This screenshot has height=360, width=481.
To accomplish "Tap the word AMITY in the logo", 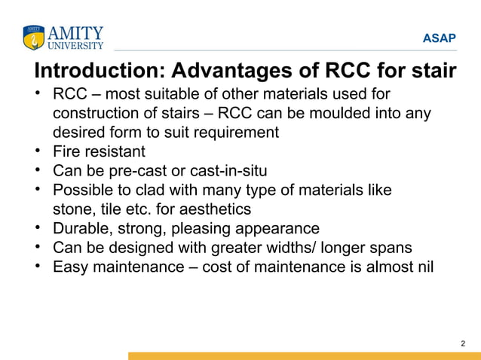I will click(x=75, y=32).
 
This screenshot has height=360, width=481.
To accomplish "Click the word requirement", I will click(x=234, y=133).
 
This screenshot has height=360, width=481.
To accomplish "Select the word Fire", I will click(x=67, y=151).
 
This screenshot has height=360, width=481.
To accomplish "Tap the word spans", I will click(x=394, y=247).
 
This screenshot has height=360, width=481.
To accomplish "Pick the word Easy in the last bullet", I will click(x=69, y=266).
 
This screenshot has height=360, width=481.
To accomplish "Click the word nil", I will click(x=424, y=266).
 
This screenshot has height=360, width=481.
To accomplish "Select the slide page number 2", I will click(x=462, y=344).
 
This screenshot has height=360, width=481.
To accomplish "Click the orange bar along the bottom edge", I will click(x=302, y=355).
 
